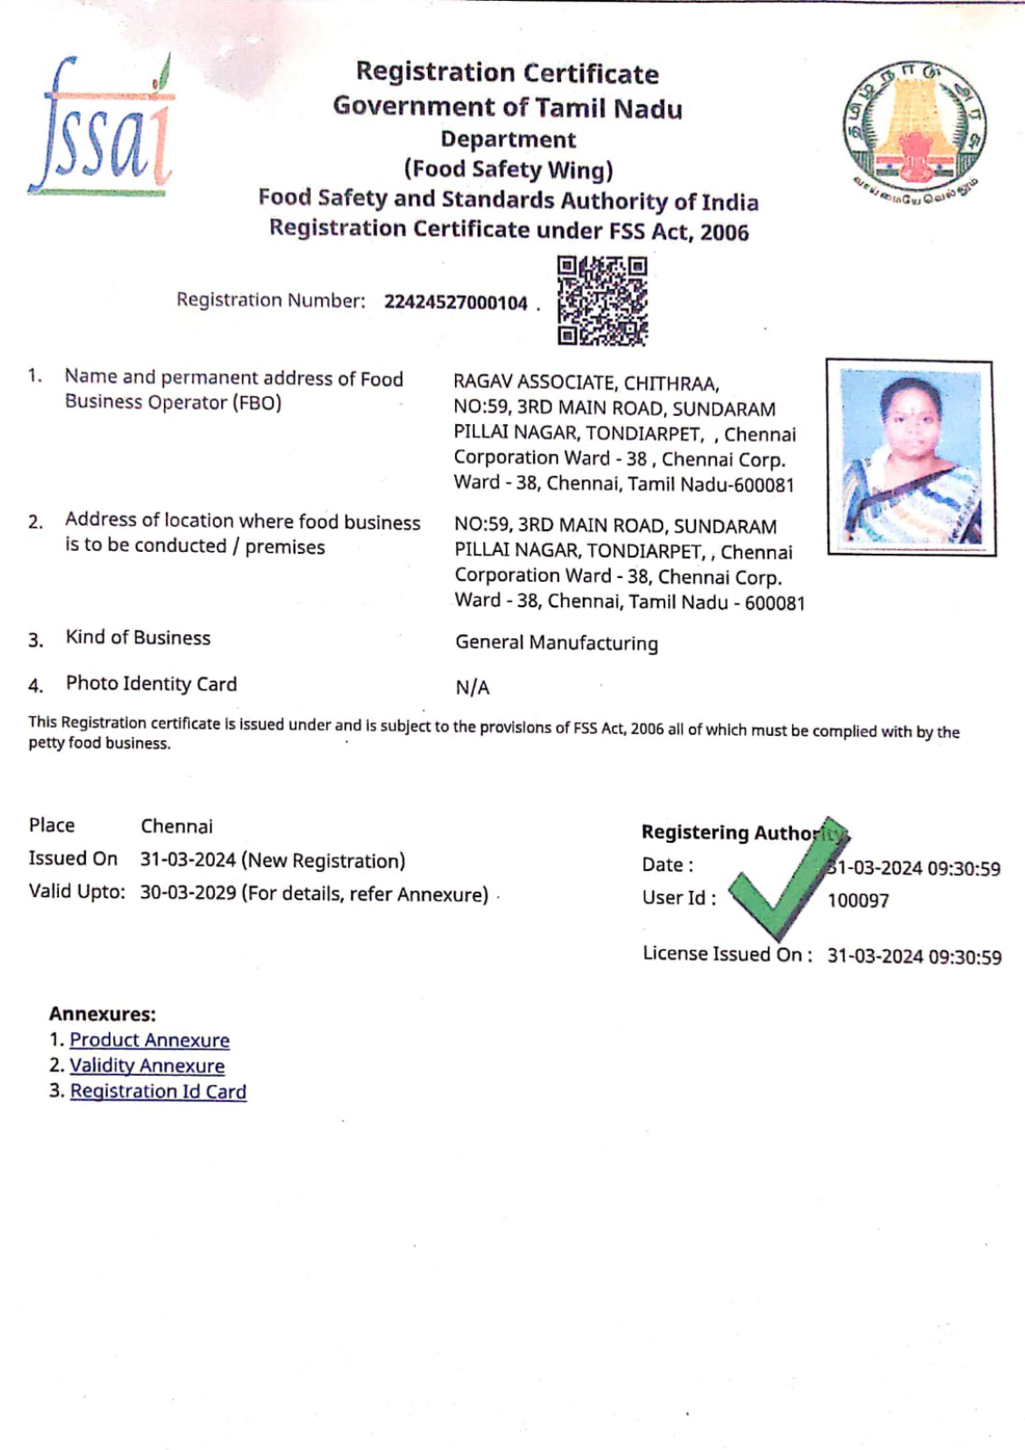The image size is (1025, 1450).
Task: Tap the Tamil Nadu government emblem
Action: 914,127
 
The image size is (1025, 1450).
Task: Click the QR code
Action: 602,301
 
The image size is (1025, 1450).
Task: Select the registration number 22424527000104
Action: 455,303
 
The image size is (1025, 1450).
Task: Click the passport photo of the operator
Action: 910,457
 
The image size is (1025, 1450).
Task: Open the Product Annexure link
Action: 150,1040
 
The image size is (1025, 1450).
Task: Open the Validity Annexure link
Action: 147,1066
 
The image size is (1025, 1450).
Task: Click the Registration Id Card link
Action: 158,1091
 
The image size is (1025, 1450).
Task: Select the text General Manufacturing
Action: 556,643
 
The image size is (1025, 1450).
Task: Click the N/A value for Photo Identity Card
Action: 472,688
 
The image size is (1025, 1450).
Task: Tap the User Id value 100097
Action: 857,901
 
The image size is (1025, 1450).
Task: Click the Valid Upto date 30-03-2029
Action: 188,893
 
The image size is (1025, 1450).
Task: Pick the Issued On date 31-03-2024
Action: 188,860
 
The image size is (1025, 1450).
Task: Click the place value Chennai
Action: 177,826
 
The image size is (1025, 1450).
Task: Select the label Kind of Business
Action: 138,638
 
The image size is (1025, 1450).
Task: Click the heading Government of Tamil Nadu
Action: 508,107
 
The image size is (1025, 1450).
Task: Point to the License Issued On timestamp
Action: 914,957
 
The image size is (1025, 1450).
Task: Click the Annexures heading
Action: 102,1014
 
